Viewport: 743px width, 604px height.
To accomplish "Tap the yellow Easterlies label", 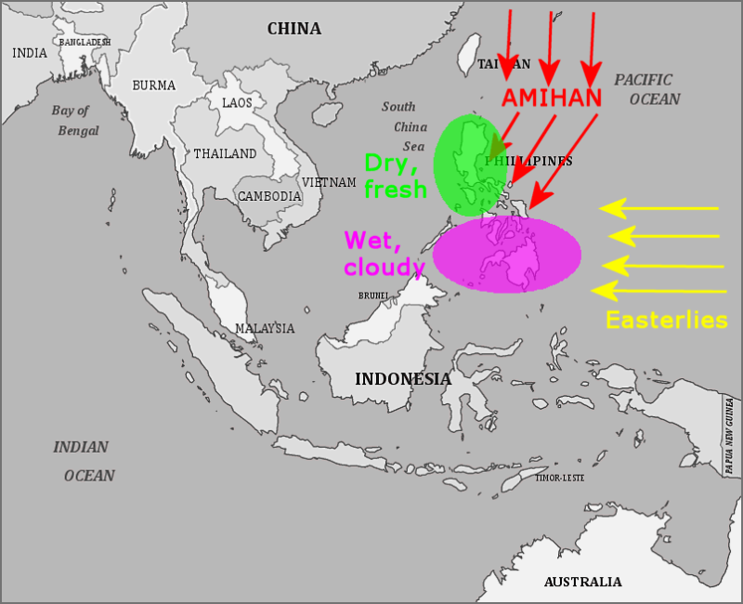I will (x=666, y=321).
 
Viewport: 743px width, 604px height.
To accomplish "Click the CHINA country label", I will (x=294, y=29).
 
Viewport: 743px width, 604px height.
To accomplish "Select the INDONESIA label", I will (x=403, y=379).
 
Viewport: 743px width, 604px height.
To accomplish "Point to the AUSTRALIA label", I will (x=582, y=582).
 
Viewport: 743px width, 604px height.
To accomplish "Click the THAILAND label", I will (x=225, y=153).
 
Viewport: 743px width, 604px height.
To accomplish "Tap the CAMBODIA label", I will (x=269, y=197).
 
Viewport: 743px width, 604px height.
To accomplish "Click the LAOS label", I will (x=237, y=102).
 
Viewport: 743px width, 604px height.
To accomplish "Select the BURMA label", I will (x=154, y=85).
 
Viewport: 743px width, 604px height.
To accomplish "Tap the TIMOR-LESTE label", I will (x=561, y=478).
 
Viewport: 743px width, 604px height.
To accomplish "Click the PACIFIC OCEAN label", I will (x=647, y=89).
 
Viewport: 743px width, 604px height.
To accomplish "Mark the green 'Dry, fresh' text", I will (x=395, y=176).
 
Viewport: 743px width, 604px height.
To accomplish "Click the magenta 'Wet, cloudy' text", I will (x=384, y=253).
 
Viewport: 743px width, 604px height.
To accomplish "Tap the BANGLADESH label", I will (x=85, y=43).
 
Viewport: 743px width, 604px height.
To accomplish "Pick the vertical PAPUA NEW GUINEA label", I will (x=730, y=436).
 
